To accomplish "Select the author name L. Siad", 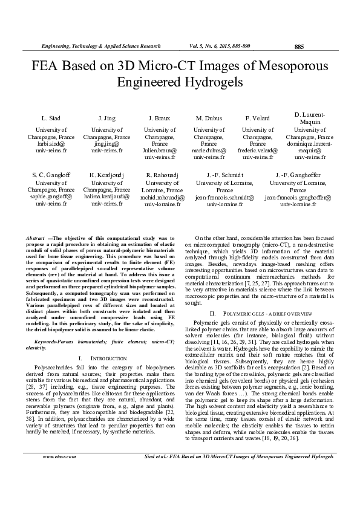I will click(x=50, y=117).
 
